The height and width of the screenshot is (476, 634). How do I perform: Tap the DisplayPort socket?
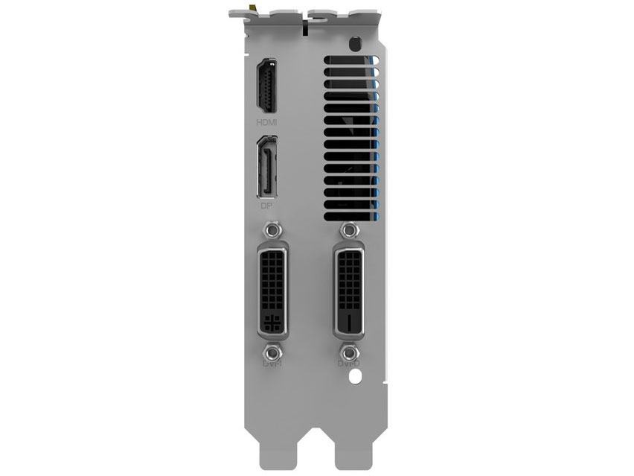267,167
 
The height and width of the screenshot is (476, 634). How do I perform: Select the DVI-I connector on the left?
272,290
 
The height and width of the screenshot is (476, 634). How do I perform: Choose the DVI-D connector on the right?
349,291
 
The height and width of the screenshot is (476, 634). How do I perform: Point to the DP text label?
266,203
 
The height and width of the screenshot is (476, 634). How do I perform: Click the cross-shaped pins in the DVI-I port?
270,323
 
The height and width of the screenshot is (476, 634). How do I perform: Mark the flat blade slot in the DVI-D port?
348,322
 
